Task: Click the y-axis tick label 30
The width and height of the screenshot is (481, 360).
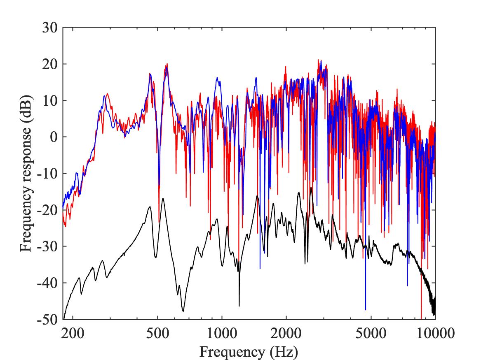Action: click(x=51, y=28)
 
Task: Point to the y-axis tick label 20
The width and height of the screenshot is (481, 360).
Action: click(x=51, y=65)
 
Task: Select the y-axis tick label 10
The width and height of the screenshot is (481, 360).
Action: click(x=51, y=101)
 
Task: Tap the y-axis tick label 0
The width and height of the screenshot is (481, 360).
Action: click(x=54, y=137)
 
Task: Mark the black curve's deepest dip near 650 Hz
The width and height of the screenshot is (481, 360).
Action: click(x=183, y=311)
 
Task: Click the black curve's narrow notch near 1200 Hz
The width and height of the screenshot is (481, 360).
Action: click(x=239, y=305)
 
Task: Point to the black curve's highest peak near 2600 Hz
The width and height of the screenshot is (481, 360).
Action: click(x=311, y=188)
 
